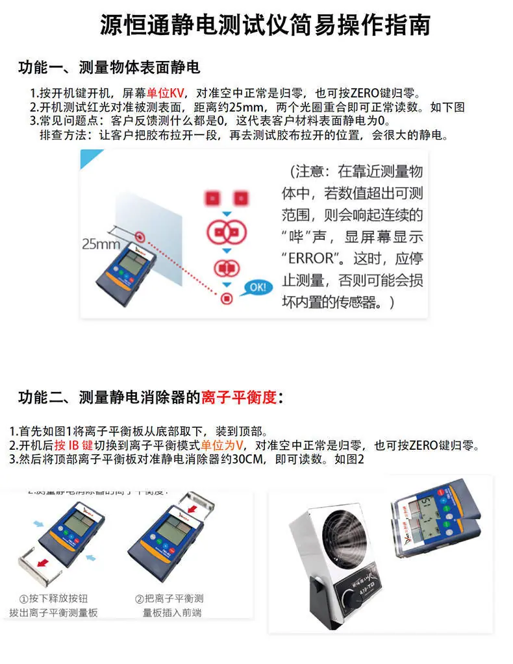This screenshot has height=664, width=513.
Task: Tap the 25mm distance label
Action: (101, 245)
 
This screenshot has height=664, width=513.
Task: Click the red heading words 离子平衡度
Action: (240, 397)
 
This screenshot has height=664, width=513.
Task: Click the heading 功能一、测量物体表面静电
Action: (108, 67)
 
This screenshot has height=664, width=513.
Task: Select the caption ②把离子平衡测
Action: (169, 598)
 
